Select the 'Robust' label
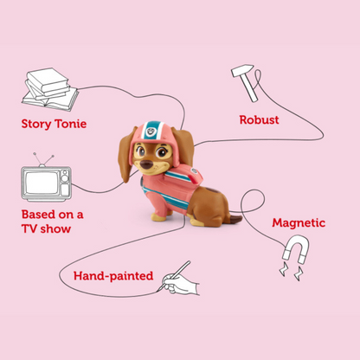coord(259,119)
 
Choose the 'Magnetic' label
coord(299,222)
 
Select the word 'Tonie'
coord(74,122)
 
